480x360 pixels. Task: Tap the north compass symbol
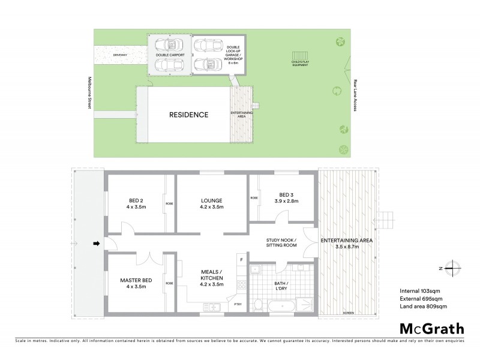point(455,268)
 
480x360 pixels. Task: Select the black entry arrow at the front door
point(95,243)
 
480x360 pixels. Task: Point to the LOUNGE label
point(212,203)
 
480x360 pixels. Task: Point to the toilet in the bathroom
point(257,306)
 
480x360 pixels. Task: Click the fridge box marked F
point(241,260)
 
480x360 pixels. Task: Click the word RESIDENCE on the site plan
point(188,115)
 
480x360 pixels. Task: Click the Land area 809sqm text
point(423,307)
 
